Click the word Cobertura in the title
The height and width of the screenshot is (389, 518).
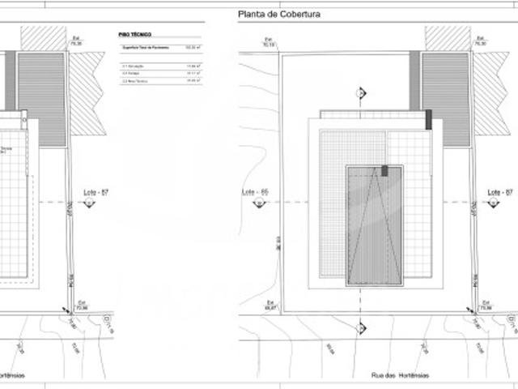tap(299, 13)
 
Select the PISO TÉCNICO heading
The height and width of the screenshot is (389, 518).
tap(134, 36)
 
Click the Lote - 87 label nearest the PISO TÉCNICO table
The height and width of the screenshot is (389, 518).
tap(96, 192)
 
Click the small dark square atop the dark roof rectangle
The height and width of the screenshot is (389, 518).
tap(385, 170)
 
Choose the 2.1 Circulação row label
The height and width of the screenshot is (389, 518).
tap(132, 65)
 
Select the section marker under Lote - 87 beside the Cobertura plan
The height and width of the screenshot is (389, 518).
tap(489, 201)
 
